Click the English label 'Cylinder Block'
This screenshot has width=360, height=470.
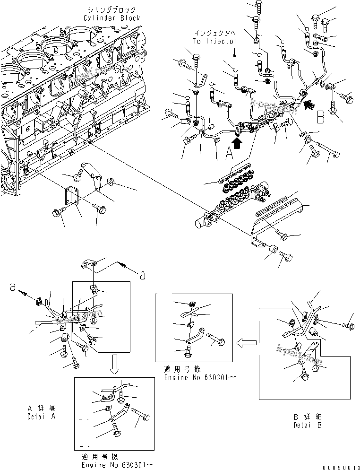click(x=111, y=18)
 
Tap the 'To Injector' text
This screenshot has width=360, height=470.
click(x=215, y=41)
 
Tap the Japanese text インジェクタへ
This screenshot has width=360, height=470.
click(x=215, y=33)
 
